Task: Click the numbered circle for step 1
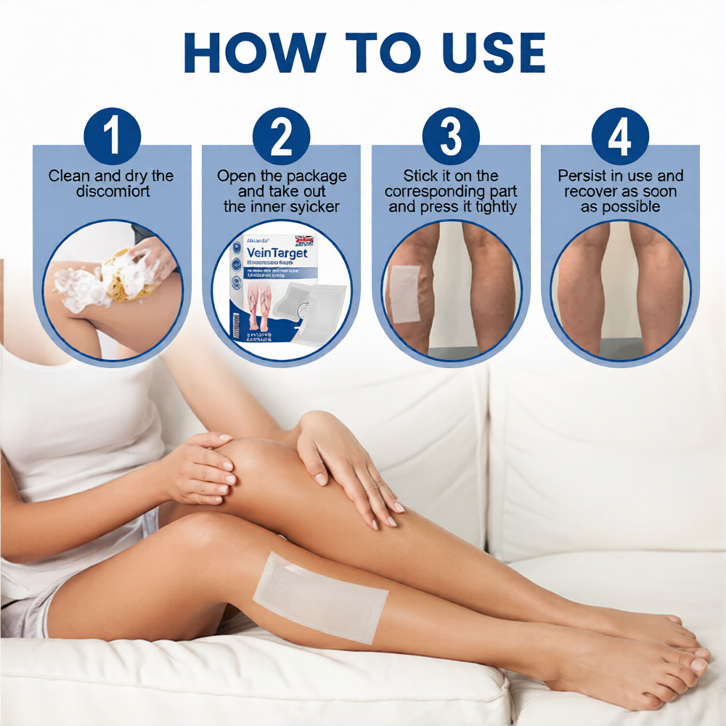(112, 136)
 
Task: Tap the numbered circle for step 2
(281, 136)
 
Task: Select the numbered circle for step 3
(451, 136)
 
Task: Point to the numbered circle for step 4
(620, 136)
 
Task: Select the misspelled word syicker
(314, 207)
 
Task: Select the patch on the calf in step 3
(404, 293)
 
